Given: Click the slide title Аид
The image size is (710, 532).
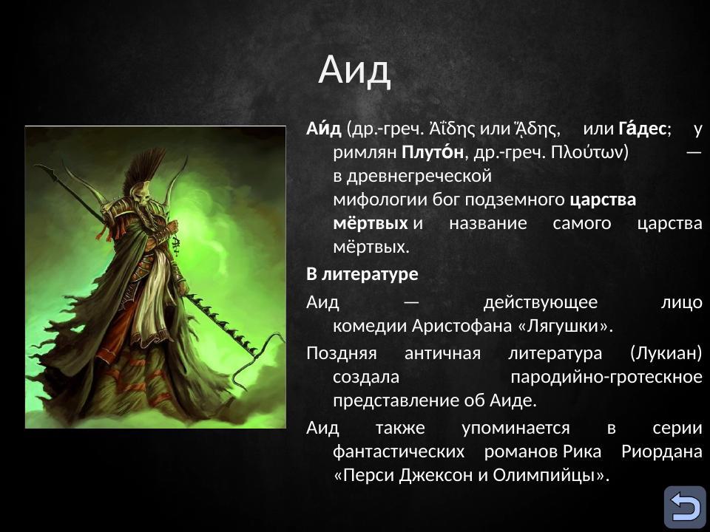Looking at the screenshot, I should point(354,70).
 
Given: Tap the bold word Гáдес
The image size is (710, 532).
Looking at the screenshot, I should point(643,128).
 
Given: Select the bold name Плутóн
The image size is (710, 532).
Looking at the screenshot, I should point(433,152).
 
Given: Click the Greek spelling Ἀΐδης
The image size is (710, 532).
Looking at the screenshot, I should point(453,128).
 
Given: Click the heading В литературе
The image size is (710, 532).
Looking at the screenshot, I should point(362,274).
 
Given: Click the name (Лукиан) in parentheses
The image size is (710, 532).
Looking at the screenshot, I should point(666,353).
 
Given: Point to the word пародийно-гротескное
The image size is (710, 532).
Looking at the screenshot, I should point(606,377).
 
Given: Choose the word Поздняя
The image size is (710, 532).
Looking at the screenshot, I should point(341,353).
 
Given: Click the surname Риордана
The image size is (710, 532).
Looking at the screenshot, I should point(662,451).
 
